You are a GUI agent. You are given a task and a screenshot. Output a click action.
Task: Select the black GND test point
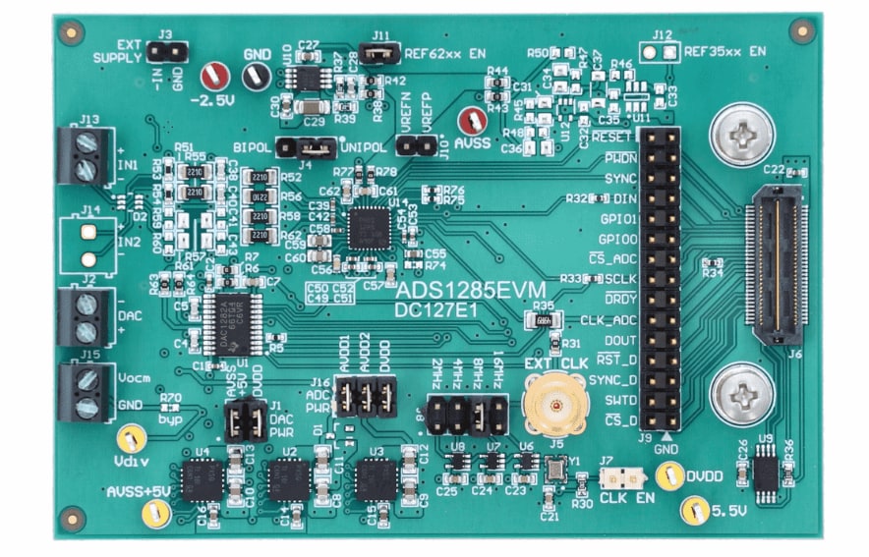(x=256, y=75)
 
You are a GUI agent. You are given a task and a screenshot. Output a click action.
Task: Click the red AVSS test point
(x=474, y=121)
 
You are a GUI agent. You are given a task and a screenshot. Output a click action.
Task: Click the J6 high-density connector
(x=778, y=257)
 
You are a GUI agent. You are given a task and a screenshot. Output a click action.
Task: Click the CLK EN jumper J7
(x=621, y=477)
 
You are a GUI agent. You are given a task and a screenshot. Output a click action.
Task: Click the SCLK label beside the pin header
(x=620, y=278)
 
